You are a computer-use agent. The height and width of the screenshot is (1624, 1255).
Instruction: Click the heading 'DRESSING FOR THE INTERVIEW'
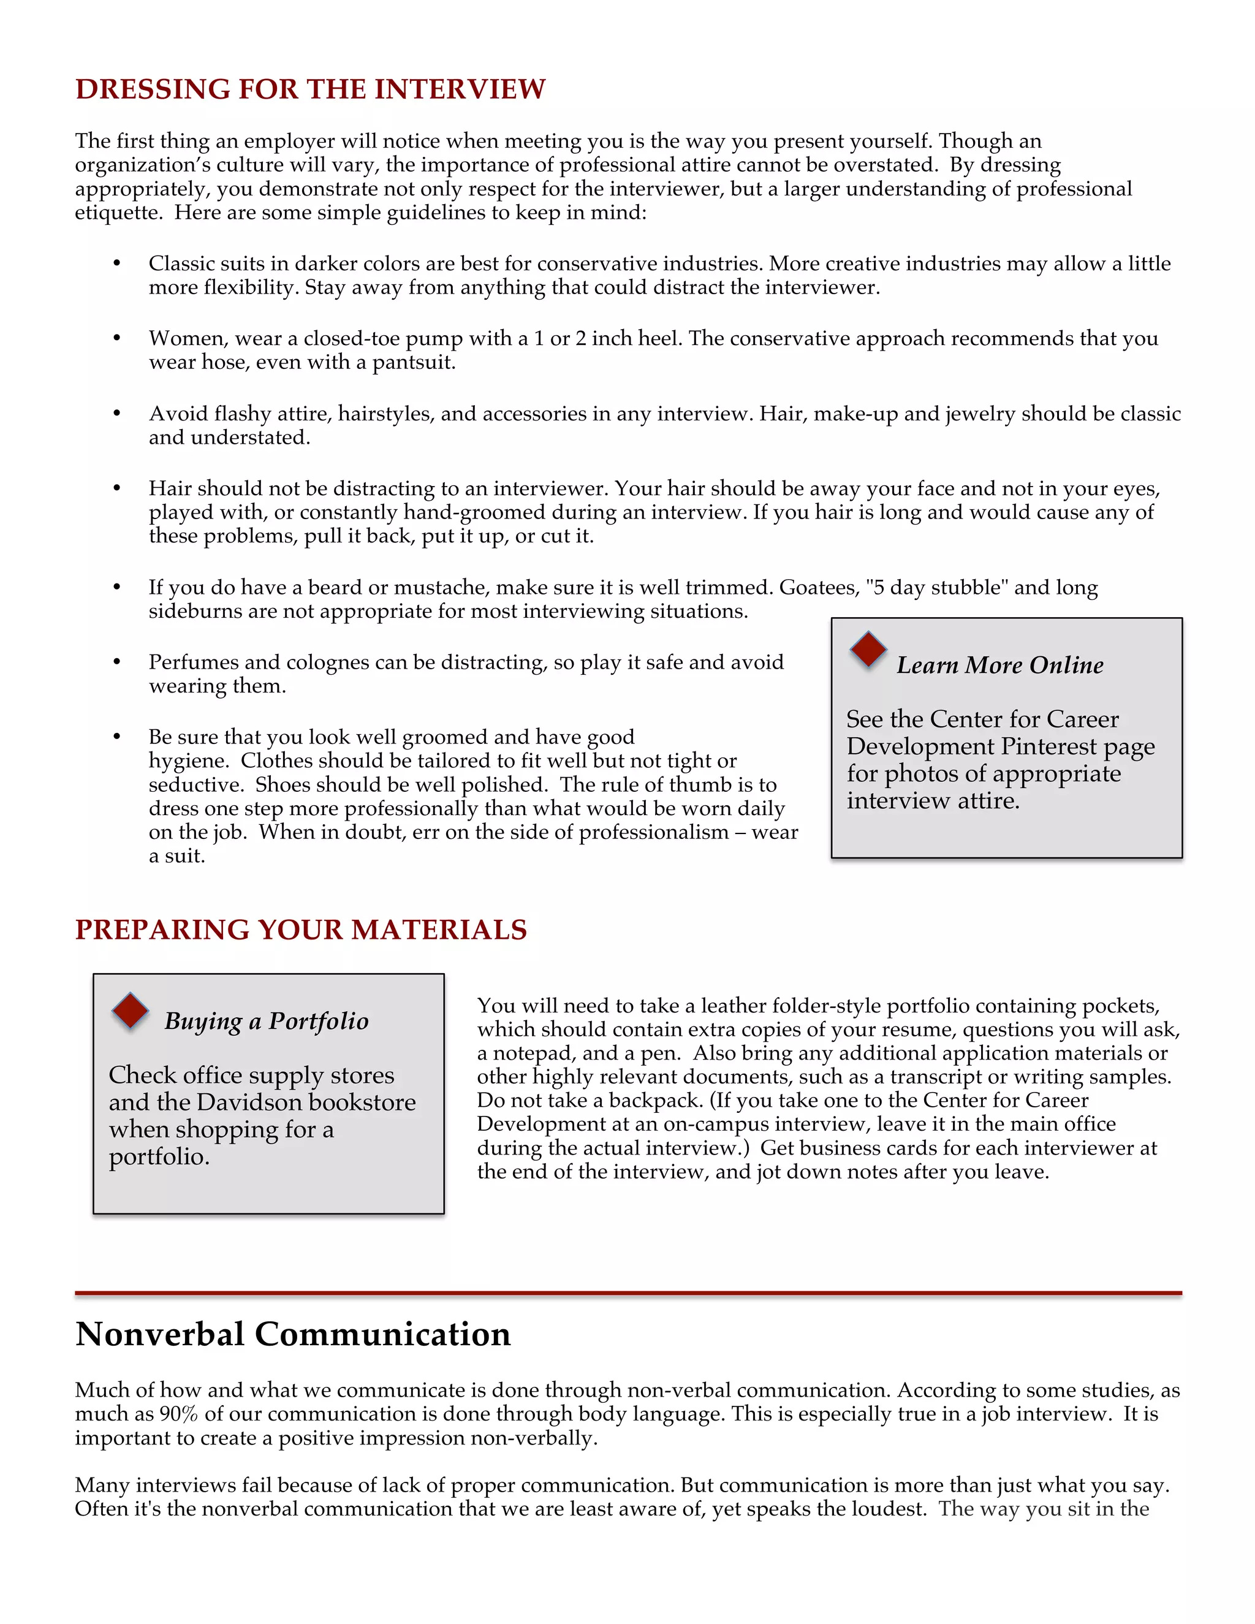pyautogui.click(x=310, y=89)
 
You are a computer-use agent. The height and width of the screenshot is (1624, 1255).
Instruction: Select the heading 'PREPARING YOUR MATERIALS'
pyautogui.click(x=300, y=930)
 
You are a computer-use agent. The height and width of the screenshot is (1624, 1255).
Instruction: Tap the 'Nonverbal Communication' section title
pyautogui.click(x=293, y=1334)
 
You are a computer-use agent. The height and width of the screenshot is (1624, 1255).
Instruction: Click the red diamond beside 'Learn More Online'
pyautogui.click(x=868, y=650)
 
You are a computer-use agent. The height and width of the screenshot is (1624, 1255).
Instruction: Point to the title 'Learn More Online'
pyautogui.click(x=999, y=665)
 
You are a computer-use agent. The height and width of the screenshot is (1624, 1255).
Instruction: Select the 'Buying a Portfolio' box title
pyautogui.click(x=266, y=1021)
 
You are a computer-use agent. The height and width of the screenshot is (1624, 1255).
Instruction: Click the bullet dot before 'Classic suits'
pyautogui.click(x=116, y=264)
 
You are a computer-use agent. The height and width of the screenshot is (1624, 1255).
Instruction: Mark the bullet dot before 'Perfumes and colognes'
pyautogui.click(x=116, y=662)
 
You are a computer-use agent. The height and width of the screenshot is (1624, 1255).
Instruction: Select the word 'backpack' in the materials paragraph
pyautogui.click(x=655, y=1100)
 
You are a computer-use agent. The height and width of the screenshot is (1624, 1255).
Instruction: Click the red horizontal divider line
pyautogui.click(x=627, y=1294)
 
